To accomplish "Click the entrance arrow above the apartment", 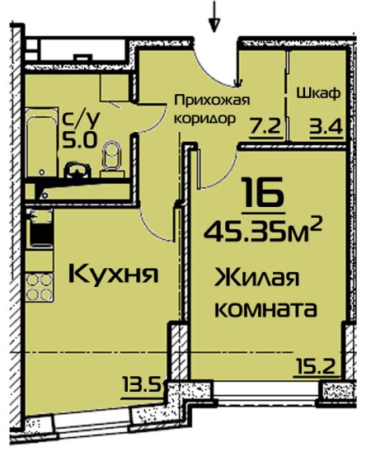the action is [214, 16].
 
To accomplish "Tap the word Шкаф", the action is [319, 94].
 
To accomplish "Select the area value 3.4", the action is [326, 127].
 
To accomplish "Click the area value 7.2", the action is [265, 127].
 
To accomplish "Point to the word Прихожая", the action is [212, 101].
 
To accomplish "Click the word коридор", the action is [205, 119].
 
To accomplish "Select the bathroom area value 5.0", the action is [79, 139].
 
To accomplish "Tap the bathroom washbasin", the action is [77, 170].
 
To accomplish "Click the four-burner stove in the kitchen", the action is [40, 287].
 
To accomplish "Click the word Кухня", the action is [114, 274].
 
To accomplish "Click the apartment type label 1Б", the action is [263, 191].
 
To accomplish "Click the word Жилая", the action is [257, 278].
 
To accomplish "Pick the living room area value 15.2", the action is [313, 367].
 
